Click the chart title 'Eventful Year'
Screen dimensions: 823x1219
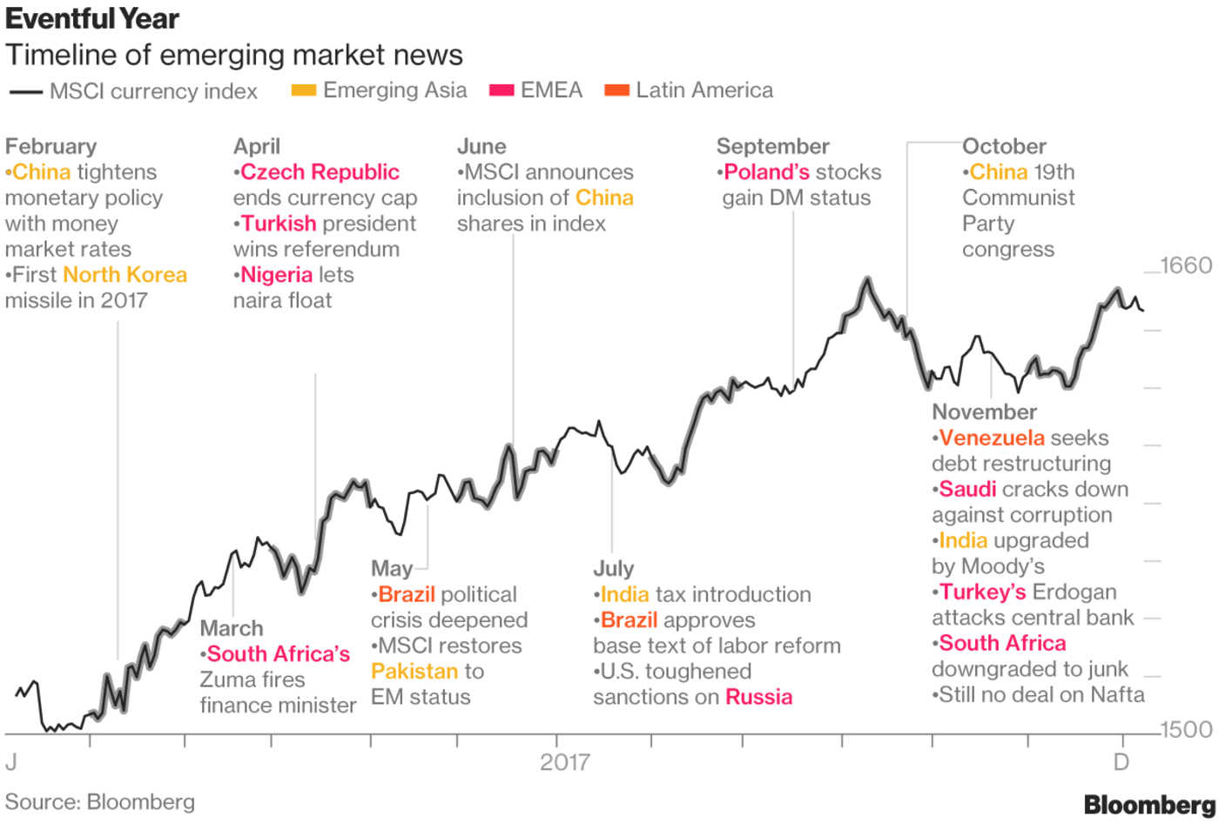(x=92, y=18)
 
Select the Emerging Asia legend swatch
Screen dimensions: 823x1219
(x=304, y=90)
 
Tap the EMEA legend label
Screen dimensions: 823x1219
(x=551, y=90)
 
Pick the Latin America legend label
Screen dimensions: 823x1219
(x=704, y=90)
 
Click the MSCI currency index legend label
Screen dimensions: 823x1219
(x=153, y=91)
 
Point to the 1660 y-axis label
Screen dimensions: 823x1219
(x=1186, y=265)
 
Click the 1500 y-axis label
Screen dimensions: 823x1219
(x=1186, y=729)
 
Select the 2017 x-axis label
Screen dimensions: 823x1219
(x=564, y=762)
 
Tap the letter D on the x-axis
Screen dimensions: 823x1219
(x=1121, y=762)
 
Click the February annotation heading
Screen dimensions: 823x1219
(x=51, y=146)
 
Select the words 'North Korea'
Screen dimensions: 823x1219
(x=125, y=275)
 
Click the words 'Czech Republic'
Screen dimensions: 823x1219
(x=320, y=172)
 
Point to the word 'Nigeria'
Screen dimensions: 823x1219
(x=276, y=275)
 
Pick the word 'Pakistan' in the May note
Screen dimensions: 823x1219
(x=414, y=672)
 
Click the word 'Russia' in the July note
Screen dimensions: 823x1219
(x=758, y=697)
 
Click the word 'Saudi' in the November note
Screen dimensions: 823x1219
(x=967, y=489)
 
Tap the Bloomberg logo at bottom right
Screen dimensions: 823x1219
(x=1148, y=805)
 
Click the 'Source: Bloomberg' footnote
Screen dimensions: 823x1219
(x=100, y=802)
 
